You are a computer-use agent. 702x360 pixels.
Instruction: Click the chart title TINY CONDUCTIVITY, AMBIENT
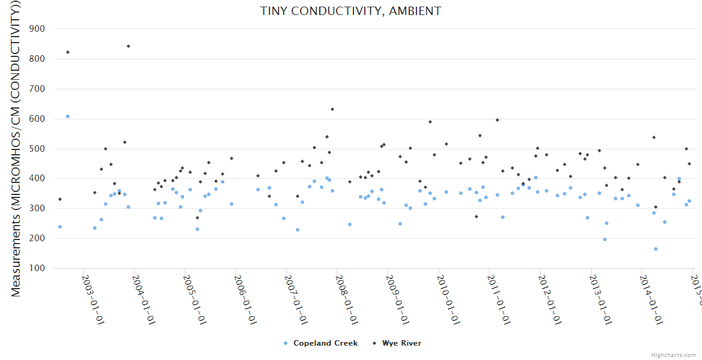point(350,11)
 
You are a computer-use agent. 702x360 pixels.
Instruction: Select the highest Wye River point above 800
point(128,46)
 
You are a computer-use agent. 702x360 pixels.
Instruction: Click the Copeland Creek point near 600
point(68,116)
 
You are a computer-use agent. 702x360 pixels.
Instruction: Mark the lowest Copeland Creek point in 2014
point(656,249)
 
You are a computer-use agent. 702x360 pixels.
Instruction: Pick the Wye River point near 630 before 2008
point(332,109)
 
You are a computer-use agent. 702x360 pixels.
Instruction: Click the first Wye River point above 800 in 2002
point(68,52)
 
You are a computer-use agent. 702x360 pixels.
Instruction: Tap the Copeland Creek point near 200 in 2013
point(605,239)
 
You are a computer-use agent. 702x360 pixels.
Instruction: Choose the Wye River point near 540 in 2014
point(654,137)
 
